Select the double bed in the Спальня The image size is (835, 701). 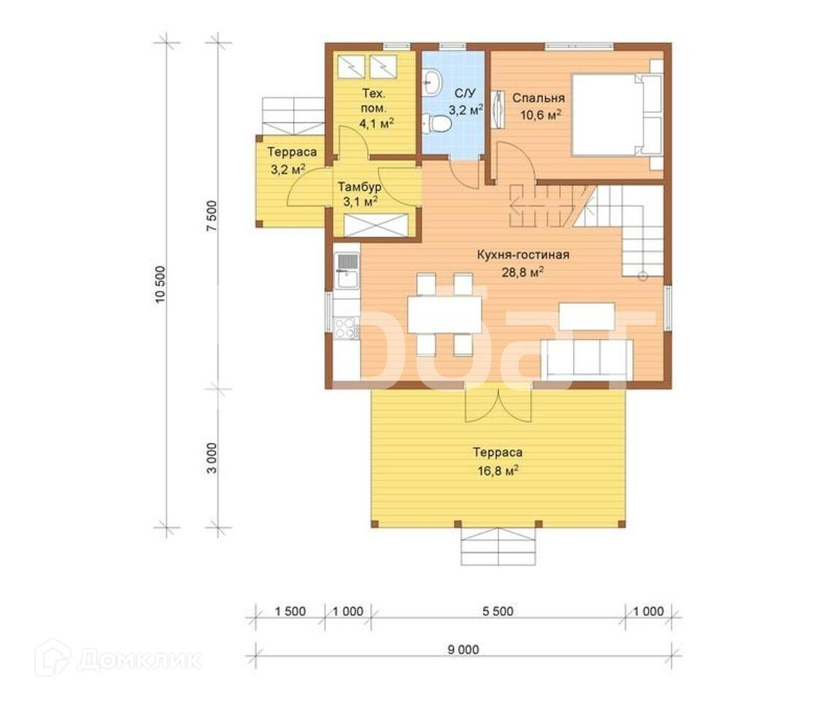click(617, 115)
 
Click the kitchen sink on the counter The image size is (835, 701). click(347, 270)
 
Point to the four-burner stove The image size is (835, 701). click(346, 328)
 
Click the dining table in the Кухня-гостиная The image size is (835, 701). click(445, 315)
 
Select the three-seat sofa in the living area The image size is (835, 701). click(587, 360)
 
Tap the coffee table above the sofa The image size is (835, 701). click(587, 316)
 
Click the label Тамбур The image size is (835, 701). click(359, 187)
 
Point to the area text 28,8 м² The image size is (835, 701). click(522, 272)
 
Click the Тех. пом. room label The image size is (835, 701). click(374, 101)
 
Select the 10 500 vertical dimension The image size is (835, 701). click(161, 284)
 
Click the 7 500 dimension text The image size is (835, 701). click(212, 215)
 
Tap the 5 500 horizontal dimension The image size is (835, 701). click(498, 611)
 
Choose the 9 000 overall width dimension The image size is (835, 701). click(463, 649)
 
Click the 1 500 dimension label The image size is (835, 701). click(290, 611)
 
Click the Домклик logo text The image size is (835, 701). click(140, 661)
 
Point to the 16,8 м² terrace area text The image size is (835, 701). click(498, 471)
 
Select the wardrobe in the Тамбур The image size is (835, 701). click(376, 225)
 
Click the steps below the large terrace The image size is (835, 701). click(498, 547)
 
